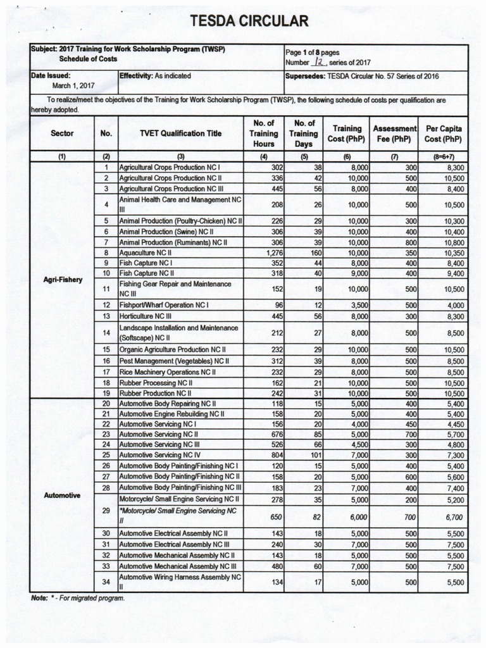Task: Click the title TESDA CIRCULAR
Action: point(249,22)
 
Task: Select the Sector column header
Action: point(62,134)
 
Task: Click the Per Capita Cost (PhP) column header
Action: point(442,134)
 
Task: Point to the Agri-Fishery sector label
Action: point(62,279)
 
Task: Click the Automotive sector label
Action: point(62,495)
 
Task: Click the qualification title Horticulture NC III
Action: point(152,315)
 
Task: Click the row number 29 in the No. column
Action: point(106,510)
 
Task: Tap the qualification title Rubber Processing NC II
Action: point(156,383)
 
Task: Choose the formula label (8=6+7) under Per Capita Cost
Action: point(442,156)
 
